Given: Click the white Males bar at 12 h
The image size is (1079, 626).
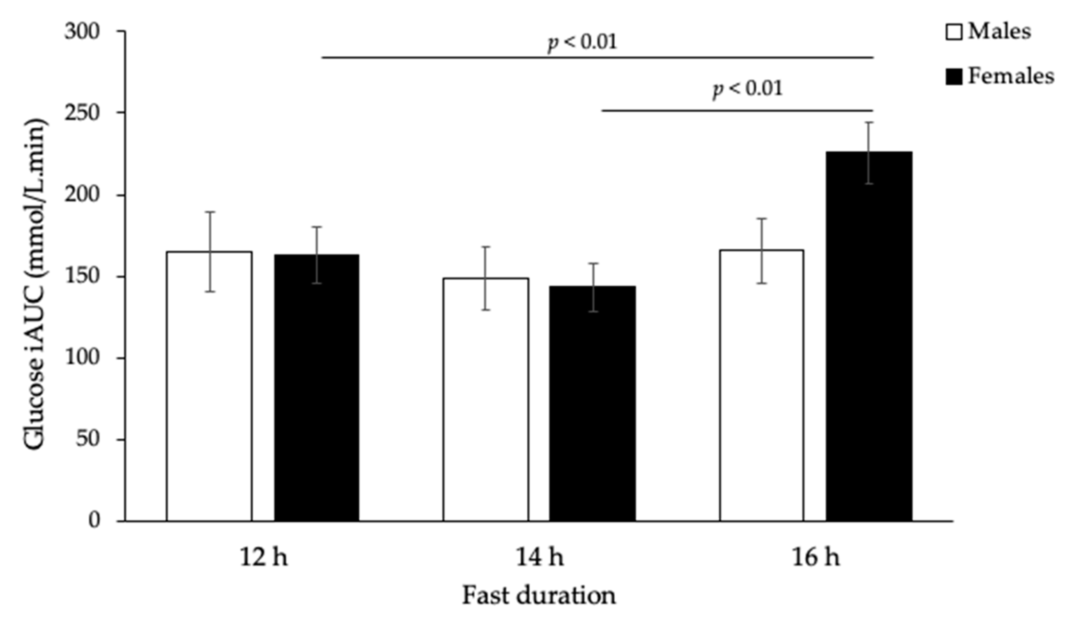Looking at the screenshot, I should [x=210, y=385].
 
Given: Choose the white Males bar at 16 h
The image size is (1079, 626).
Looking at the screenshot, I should [x=762, y=385].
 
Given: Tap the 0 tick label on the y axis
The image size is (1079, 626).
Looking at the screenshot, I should [x=94, y=521].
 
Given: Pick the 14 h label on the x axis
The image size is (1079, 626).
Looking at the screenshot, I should [x=539, y=558].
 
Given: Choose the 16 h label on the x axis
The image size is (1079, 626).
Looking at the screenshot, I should [x=816, y=558].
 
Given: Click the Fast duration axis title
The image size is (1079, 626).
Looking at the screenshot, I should [x=539, y=596].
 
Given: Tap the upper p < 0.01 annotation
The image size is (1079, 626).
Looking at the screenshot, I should [x=582, y=42].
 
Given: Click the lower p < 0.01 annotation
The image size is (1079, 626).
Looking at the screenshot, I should [x=747, y=89].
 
